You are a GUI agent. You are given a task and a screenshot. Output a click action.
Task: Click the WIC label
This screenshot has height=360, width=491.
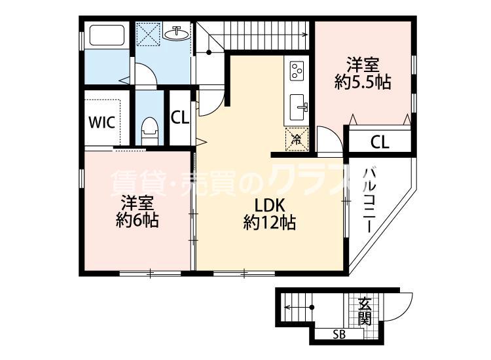(102, 122)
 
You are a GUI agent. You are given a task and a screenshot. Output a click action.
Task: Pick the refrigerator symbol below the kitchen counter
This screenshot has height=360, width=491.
(297, 138)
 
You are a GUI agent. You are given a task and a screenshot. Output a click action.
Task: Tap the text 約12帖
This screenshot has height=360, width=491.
(269, 223)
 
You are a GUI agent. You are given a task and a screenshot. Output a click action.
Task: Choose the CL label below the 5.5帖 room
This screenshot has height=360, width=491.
(379, 141)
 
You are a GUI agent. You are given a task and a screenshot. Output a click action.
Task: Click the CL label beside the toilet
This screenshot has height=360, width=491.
(180, 118)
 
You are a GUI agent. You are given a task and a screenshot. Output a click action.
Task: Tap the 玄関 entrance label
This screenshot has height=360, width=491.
(365, 311)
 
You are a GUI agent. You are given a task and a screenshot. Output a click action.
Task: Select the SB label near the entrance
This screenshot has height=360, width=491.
(338, 335)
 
